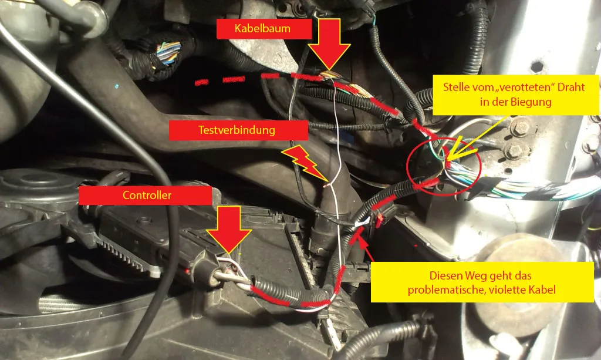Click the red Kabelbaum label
click(x=264, y=29)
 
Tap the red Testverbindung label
click(x=238, y=130)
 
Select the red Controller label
click(x=146, y=196)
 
